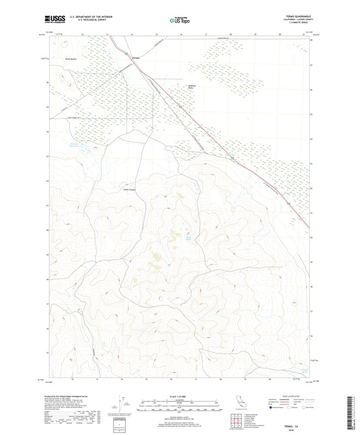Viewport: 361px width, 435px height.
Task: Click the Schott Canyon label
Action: pos(130,189)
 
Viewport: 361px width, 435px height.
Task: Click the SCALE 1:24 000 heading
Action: pos(179,397)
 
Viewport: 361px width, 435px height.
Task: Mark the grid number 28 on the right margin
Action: pos(311,40)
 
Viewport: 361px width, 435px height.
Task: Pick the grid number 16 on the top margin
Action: pos(181,33)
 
